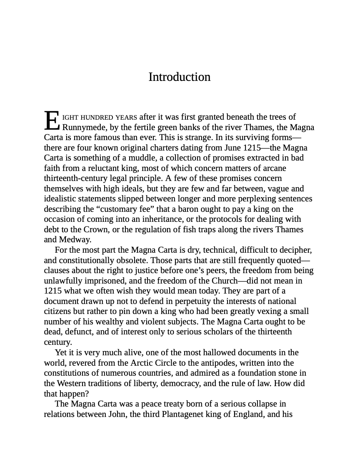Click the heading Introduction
tap(180, 77)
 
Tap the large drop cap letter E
tap(52, 121)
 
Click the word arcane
tap(272, 168)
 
